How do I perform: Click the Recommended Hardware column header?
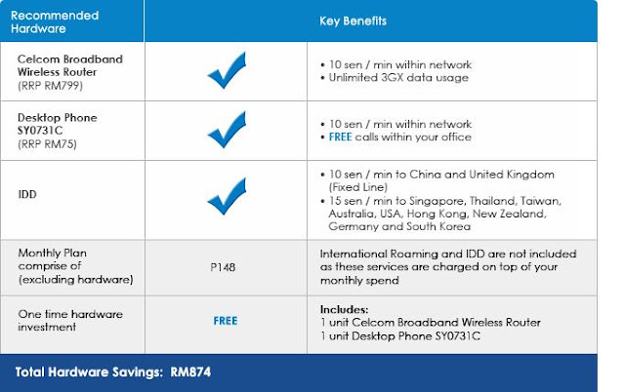[55, 21]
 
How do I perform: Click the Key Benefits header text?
[353, 20]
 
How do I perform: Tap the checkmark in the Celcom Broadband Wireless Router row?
[227, 70]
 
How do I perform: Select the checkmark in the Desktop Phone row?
[227, 130]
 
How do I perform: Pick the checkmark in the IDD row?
[227, 196]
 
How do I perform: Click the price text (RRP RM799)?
[50, 86]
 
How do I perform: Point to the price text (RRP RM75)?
[47, 143]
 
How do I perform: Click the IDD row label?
[27, 194]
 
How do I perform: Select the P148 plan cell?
[223, 267]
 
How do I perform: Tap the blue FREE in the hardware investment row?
[226, 321]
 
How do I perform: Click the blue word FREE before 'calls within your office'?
[340, 137]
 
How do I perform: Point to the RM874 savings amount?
[190, 372]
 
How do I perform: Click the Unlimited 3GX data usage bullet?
[398, 78]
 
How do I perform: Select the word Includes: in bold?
[344, 309]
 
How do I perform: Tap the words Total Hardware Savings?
[89, 372]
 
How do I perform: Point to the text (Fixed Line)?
[358, 187]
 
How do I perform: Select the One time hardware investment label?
[70, 321]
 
